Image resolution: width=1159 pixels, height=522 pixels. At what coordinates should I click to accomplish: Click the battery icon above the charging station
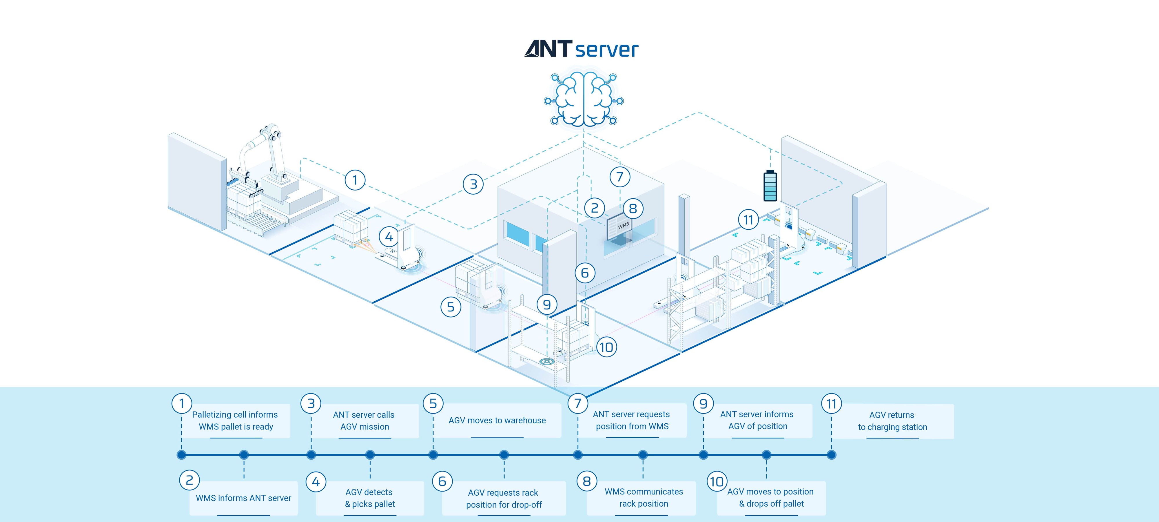[770, 186]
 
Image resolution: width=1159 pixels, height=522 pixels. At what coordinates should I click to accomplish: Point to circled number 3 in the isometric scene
[473, 184]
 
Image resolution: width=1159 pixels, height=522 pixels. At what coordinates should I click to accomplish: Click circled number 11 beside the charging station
[748, 220]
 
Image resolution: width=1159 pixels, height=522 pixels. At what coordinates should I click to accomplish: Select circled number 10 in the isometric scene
[606, 347]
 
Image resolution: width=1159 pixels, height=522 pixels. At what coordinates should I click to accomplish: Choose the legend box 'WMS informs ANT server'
[243, 498]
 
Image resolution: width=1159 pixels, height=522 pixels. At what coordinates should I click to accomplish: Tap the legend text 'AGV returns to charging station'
[892, 421]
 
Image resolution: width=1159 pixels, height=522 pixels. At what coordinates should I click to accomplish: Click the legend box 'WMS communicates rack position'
[643, 498]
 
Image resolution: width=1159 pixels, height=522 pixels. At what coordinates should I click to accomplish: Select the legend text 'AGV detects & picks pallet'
[369, 498]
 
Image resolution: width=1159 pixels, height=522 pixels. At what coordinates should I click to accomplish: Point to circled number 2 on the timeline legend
[189, 480]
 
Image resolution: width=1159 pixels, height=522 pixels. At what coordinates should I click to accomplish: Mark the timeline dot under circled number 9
[703, 455]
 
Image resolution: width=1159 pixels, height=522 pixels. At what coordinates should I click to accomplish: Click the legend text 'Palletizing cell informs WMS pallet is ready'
[235, 421]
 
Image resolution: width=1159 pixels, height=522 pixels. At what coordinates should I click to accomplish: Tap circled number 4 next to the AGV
[389, 237]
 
